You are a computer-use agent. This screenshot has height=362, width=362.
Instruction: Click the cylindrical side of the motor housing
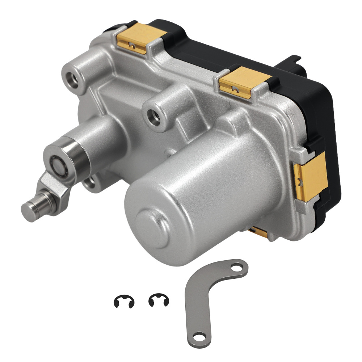[x=217, y=181]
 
